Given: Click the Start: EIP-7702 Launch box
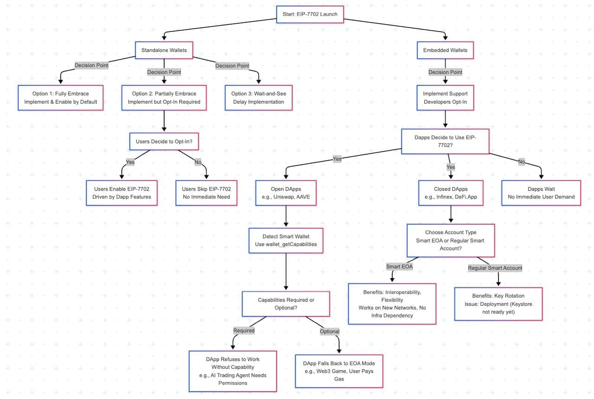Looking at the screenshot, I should tap(310, 14).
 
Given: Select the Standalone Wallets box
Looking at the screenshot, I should tap(164, 50).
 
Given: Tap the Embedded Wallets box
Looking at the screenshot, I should tap(445, 50).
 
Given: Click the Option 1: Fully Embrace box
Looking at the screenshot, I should tap(60, 98).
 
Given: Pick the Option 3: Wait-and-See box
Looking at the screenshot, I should tap(258, 98).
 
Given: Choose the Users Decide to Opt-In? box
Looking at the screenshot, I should tap(164, 141).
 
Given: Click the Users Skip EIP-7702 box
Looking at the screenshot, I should tap(206, 193).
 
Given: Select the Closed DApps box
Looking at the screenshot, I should tap(451, 193).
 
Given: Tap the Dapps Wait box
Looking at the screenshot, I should tap(541, 193).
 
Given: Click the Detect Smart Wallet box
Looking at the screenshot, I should tap(286, 240).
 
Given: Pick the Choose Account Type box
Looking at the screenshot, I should tap(451, 240).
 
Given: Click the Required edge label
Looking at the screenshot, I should tap(244, 330).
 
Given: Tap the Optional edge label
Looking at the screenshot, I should tap(329, 331).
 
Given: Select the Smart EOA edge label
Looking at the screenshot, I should tap(399, 266).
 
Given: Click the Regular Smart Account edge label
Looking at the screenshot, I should tap(495, 268).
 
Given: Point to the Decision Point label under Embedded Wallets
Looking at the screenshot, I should tap(445, 72).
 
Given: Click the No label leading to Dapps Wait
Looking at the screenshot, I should tap(522, 162).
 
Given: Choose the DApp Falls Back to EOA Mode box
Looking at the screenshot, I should tap(339, 371).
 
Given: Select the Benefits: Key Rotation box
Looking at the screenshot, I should tap(498, 304).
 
